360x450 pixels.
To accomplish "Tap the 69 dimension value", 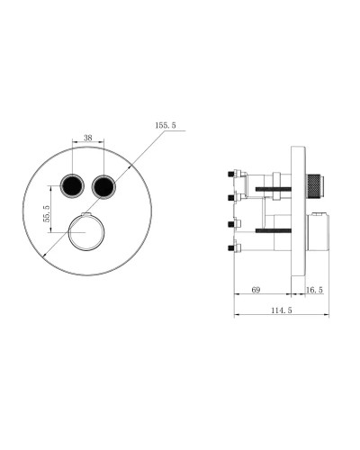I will click(255, 290).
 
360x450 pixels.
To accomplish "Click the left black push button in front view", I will click(70, 187).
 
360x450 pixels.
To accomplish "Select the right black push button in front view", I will click(104, 187).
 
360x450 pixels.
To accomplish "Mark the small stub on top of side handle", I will click(320, 215).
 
